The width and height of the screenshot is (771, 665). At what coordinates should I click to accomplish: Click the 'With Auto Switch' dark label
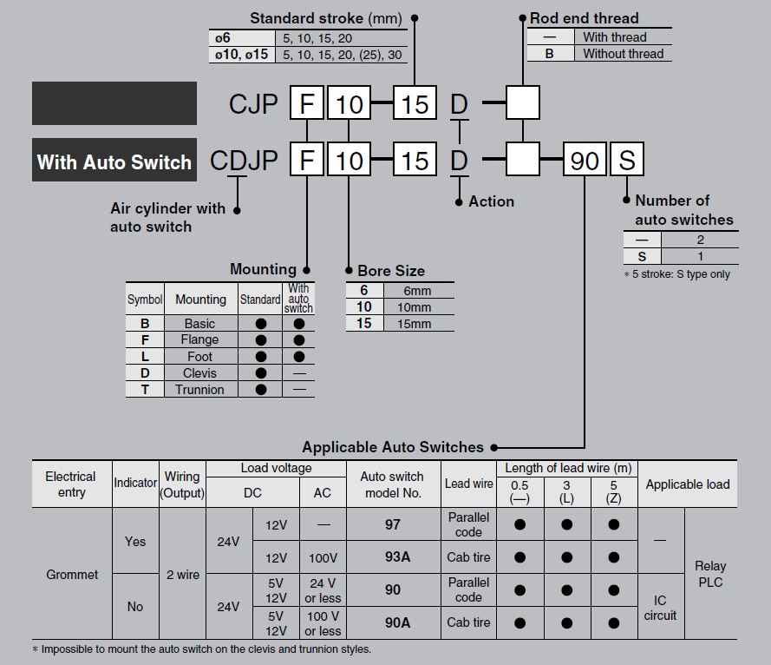[114, 161]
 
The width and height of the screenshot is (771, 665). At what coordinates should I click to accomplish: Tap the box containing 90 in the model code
[585, 161]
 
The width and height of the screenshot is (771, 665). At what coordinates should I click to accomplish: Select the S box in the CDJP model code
[627, 161]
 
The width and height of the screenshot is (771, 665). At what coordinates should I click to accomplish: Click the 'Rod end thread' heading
[584, 17]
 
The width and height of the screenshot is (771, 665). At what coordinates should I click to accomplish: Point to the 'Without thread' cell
[623, 54]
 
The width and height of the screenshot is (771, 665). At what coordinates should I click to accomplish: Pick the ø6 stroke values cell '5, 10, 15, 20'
[316, 38]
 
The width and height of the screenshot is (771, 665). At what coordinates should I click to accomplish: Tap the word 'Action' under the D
[491, 201]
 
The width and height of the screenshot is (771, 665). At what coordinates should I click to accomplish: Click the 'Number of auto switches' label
[683, 210]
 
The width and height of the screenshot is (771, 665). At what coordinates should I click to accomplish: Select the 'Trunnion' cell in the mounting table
[199, 390]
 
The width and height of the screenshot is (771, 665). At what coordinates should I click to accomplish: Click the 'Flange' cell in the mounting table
[199, 340]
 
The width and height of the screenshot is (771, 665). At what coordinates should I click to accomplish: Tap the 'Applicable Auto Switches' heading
[393, 447]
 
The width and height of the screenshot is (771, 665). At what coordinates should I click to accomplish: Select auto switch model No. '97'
[393, 524]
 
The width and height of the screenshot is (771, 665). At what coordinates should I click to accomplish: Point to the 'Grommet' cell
[72, 575]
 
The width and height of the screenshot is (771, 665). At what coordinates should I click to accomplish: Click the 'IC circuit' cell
[660, 608]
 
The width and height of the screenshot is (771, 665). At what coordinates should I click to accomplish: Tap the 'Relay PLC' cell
[710, 574]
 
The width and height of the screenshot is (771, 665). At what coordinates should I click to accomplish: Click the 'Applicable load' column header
[687, 484]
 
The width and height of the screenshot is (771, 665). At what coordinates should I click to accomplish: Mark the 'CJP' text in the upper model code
[253, 103]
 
